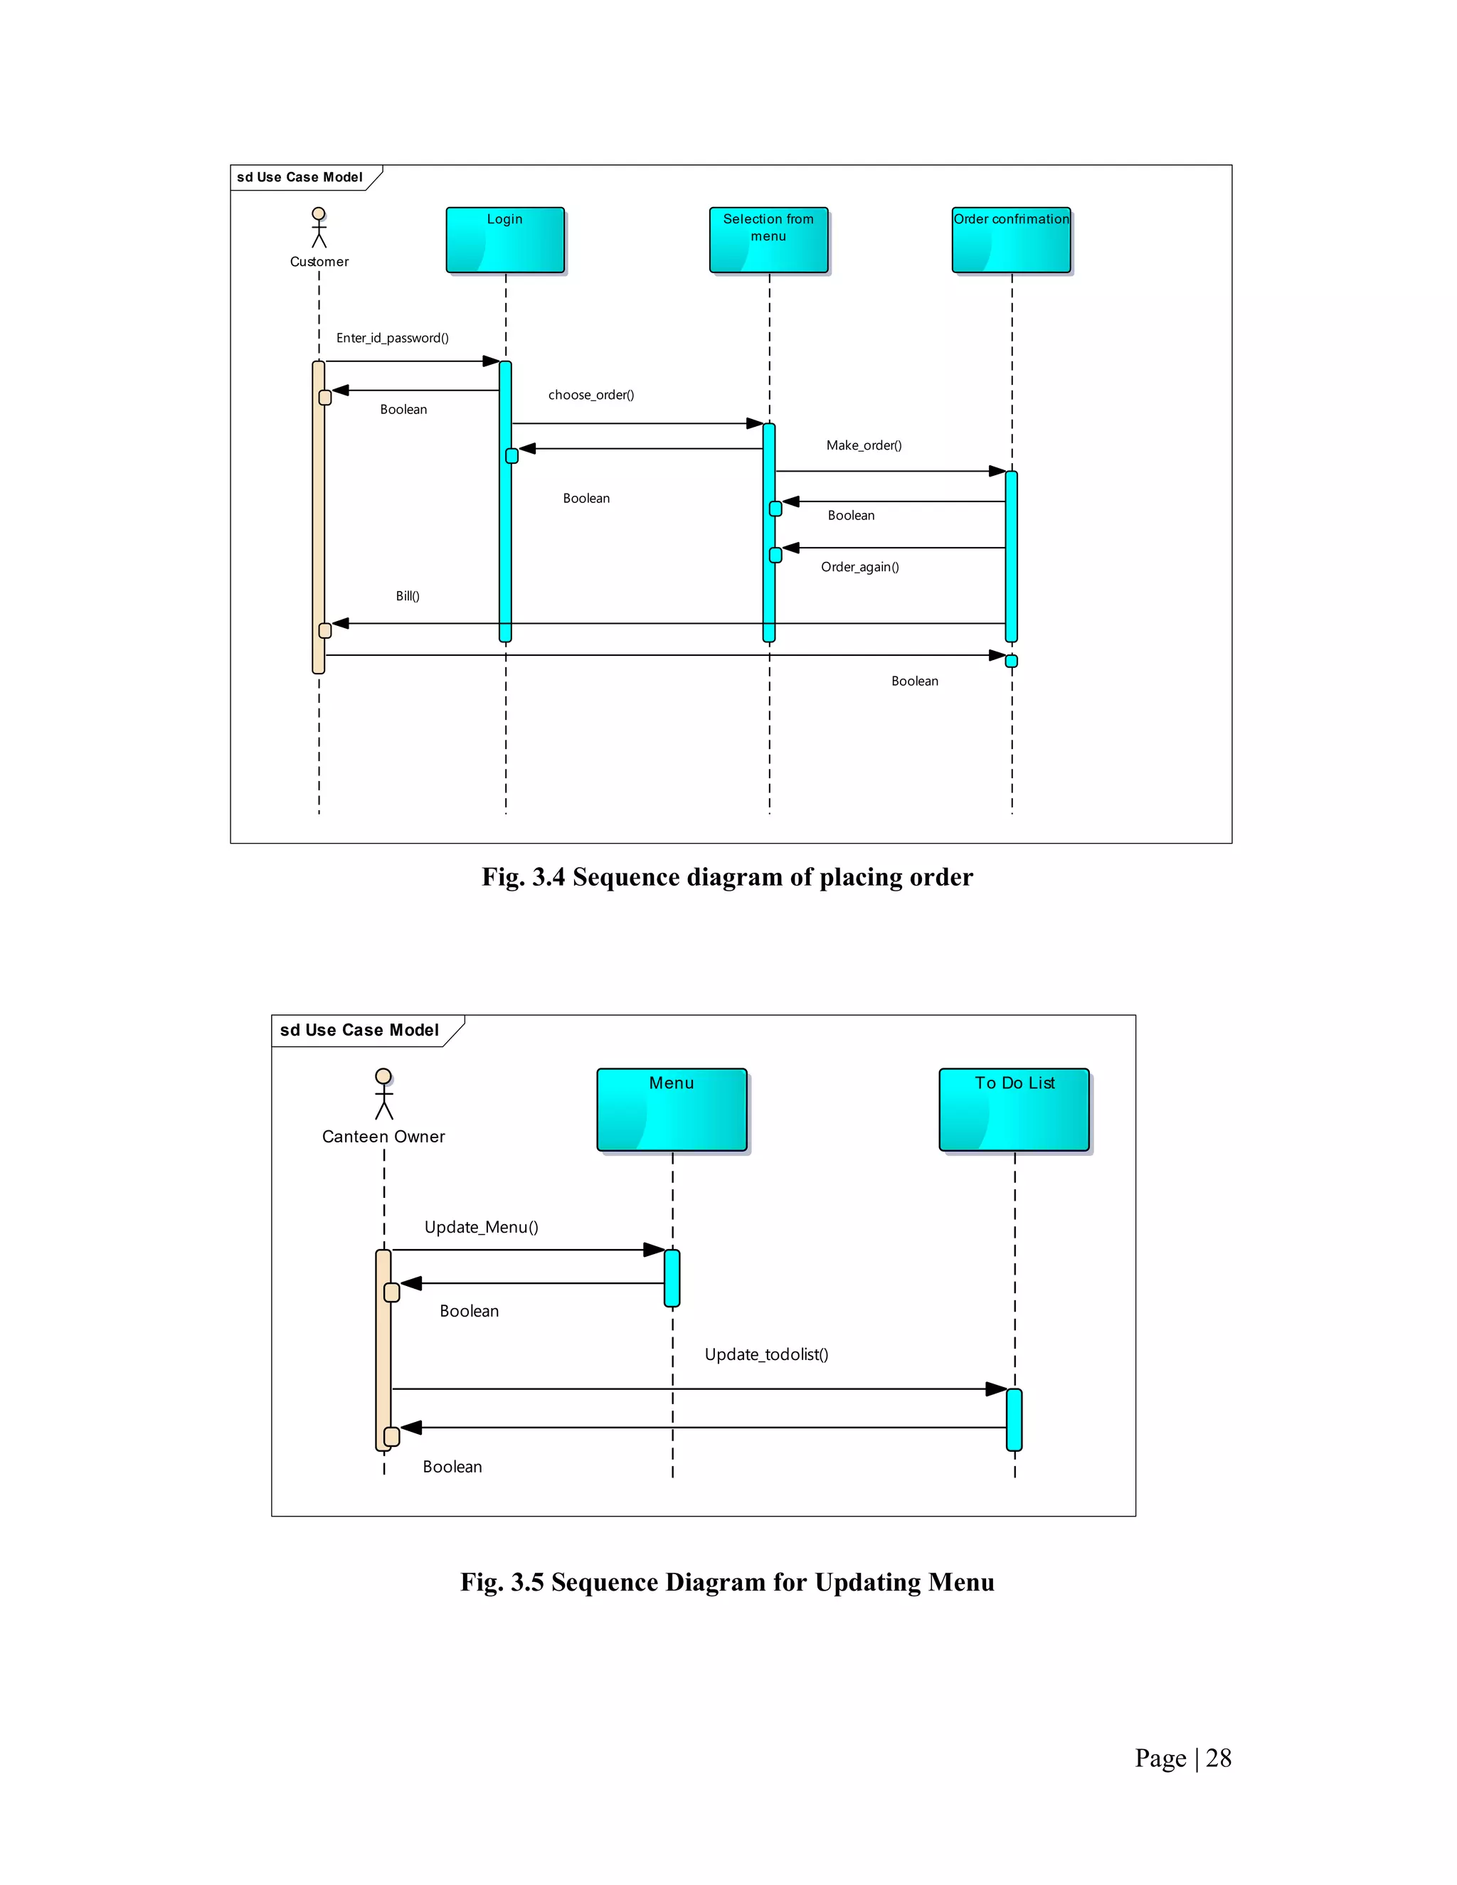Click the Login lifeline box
point(505,240)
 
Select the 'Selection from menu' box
point(768,240)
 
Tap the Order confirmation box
point(1011,240)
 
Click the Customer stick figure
point(319,227)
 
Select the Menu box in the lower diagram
point(672,1109)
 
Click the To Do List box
point(1014,1109)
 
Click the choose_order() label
point(591,395)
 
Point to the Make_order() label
point(863,445)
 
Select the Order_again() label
point(859,567)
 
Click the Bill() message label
point(408,596)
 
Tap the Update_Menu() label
point(481,1227)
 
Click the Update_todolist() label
point(765,1354)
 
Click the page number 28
point(1218,1758)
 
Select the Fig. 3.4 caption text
point(727,877)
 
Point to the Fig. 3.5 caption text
point(727,1582)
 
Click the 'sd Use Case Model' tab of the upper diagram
point(300,177)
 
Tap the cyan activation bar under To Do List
point(1014,1420)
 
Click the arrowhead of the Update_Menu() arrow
point(655,1250)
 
